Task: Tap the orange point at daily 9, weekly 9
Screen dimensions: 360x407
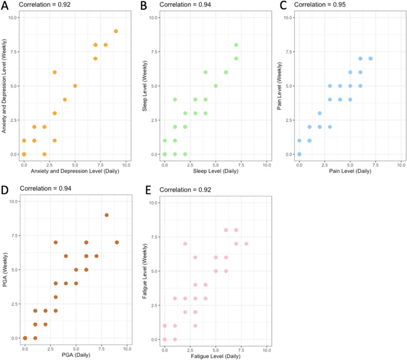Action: pyautogui.click(x=116, y=31)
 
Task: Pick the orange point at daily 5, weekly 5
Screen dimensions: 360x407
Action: pyautogui.click(x=75, y=86)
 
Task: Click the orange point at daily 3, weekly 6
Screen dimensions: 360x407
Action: pyautogui.click(x=54, y=72)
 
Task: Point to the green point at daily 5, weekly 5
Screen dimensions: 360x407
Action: pyautogui.click(x=216, y=86)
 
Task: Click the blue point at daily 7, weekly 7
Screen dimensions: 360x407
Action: pyautogui.click(x=370, y=59)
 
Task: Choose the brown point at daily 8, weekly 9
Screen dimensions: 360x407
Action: pyautogui.click(x=106, y=215)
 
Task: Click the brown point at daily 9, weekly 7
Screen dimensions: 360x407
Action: pyautogui.click(x=117, y=242)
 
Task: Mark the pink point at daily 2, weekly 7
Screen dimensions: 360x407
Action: pyautogui.click(x=185, y=243)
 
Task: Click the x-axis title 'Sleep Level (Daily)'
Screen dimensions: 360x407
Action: pyautogui.click(x=216, y=171)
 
